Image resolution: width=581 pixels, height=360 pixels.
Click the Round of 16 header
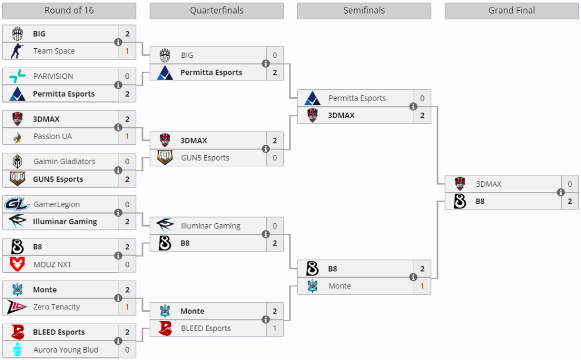pyautogui.click(x=69, y=11)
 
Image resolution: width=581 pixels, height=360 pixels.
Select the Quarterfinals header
pyautogui.click(x=216, y=11)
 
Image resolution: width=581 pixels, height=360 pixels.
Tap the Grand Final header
pyautogui.click(x=511, y=11)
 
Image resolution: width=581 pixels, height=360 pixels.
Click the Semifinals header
pyautogui.click(x=364, y=11)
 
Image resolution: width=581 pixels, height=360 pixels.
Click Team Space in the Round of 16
pyautogui.click(x=54, y=51)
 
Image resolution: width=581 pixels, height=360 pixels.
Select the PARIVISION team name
pyautogui.click(x=53, y=76)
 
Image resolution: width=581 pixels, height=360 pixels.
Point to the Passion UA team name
pyautogui.click(x=52, y=136)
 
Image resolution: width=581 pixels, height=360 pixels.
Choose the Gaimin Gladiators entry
pyautogui.click(x=64, y=161)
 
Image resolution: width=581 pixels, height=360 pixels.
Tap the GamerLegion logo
pyautogui.click(x=17, y=204)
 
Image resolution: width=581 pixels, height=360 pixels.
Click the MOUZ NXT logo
pyautogui.click(x=17, y=264)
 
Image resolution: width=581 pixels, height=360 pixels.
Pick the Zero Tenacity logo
pyautogui.click(x=17, y=307)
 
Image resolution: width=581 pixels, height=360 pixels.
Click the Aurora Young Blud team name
pyautogui.click(x=65, y=350)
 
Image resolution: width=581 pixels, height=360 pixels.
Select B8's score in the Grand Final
pyautogui.click(x=570, y=201)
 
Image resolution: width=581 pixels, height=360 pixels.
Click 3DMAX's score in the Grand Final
pyautogui.click(x=570, y=184)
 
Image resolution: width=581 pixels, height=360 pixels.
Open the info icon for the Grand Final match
pyautogui.click(x=561, y=192)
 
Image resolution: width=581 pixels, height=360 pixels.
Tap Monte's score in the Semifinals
pyautogui.click(x=422, y=286)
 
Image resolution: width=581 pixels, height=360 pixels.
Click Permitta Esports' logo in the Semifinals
pyautogui.click(x=312, y=98)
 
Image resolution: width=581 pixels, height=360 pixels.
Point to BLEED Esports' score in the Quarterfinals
pyautogui.click(x=275, y=328)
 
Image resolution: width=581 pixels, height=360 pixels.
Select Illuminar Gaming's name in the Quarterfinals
pyautogui.click(x=210, y=226)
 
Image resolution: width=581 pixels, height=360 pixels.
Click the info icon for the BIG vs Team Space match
pyautogui.click(x=118, y=43)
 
